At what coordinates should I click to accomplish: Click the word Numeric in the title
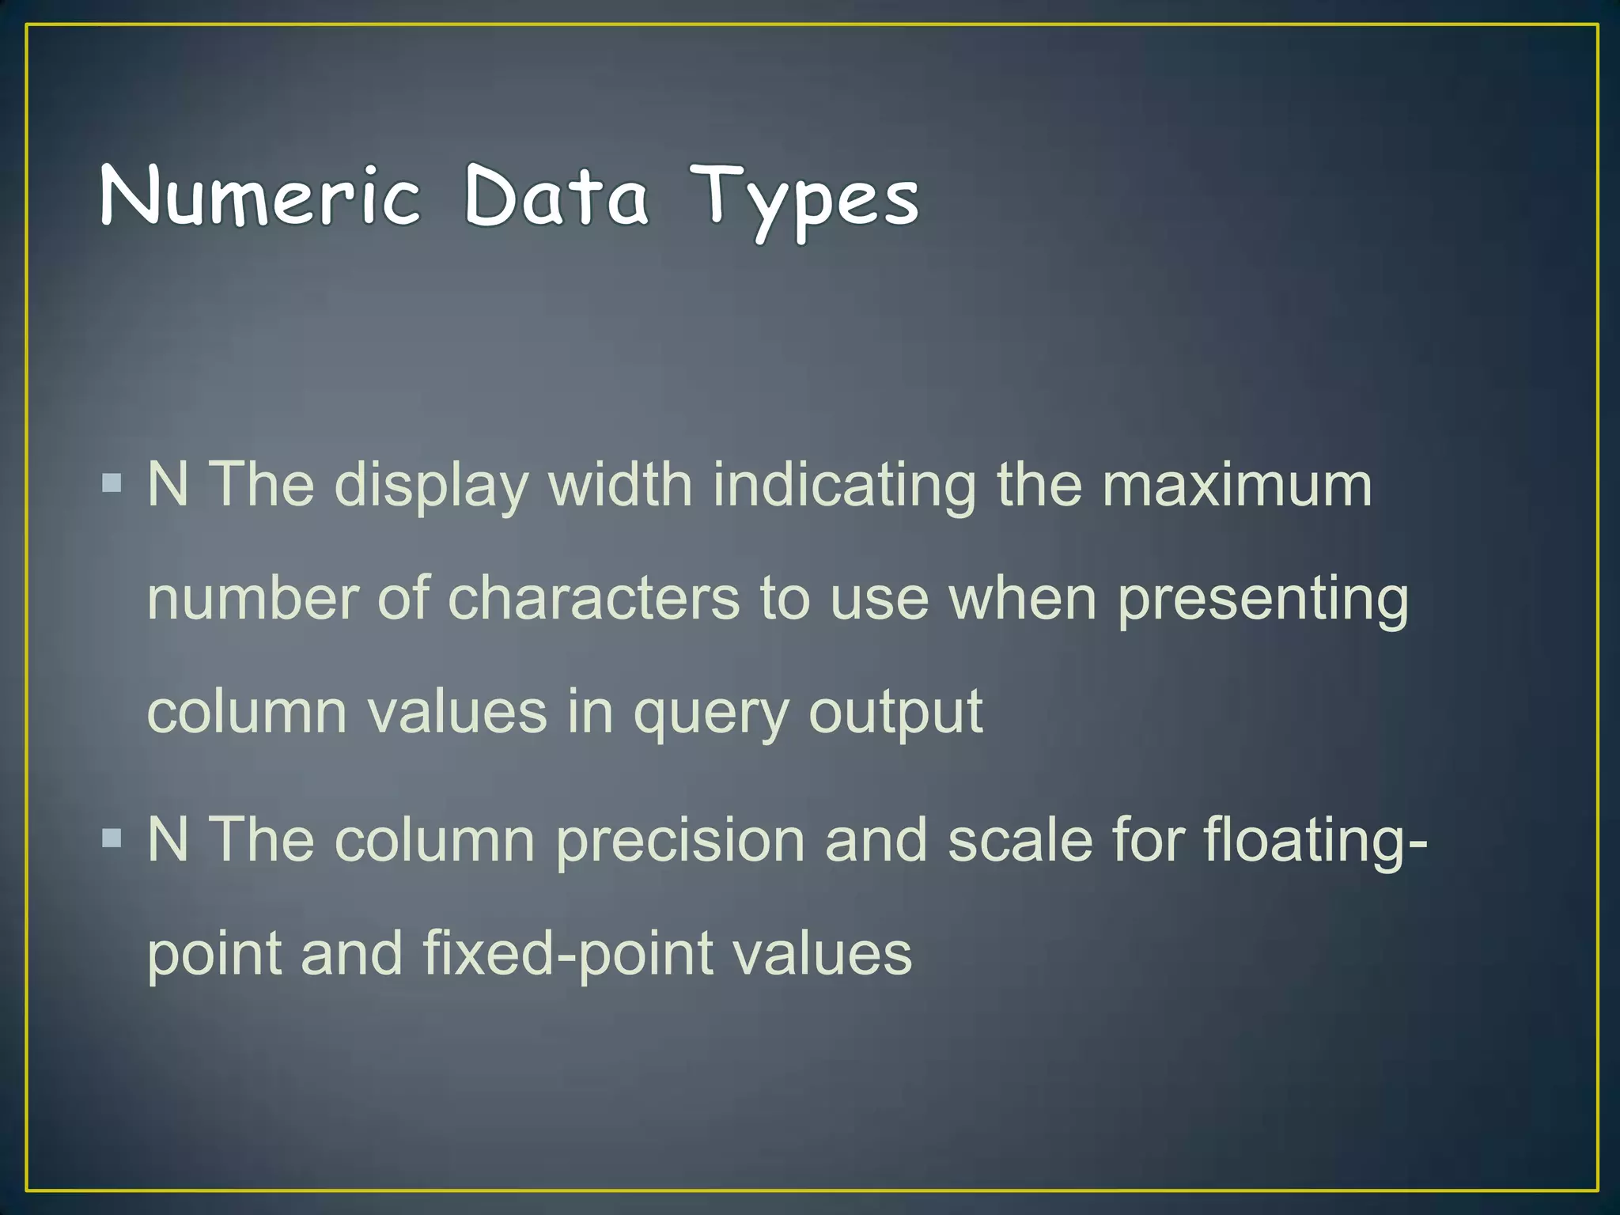point(260,196)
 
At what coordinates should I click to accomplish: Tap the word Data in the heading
point(556,196)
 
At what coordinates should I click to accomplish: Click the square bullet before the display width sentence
point(112,483)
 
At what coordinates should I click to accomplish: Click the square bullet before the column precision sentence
point(112,838)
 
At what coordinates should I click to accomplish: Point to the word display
point(431,486)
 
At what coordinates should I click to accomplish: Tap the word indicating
point(845,486)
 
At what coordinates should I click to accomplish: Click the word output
point(895,714)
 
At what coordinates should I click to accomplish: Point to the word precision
point(680,840)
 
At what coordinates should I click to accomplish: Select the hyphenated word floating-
point(1315,840)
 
